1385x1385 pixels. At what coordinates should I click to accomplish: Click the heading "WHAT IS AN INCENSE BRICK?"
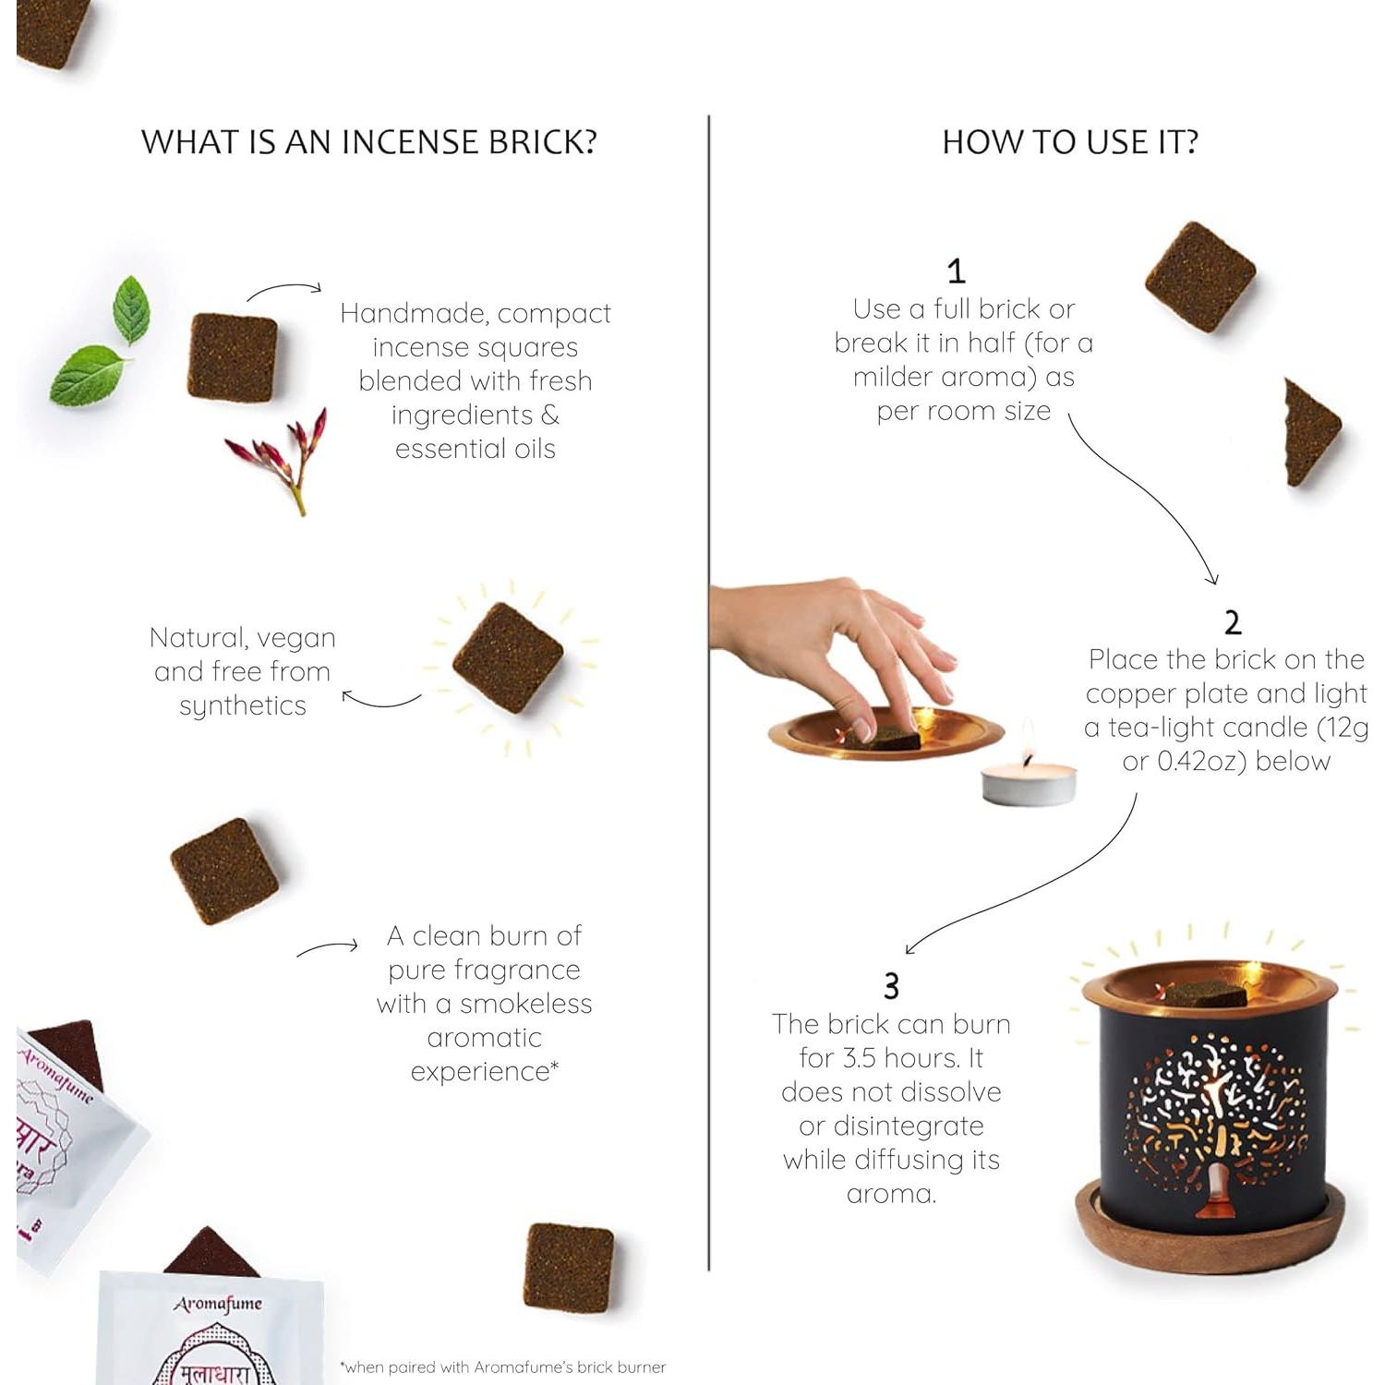[368, 142]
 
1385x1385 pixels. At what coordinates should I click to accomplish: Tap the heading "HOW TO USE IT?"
[1070, 142]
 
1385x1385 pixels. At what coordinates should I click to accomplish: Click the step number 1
[957, 271]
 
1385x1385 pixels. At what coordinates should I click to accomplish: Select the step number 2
[1233, 623]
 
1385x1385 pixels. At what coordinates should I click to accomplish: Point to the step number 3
[891, 986]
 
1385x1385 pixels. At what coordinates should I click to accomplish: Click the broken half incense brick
[1310, 432]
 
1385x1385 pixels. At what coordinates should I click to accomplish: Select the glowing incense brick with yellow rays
[507, 657]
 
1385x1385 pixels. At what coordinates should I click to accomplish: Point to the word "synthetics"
[243, 706]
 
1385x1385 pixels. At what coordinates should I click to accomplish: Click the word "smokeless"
[525, 1004]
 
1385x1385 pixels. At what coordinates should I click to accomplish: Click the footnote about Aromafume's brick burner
[503, 1367]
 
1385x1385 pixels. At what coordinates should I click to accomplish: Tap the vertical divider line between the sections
[709, 692]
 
